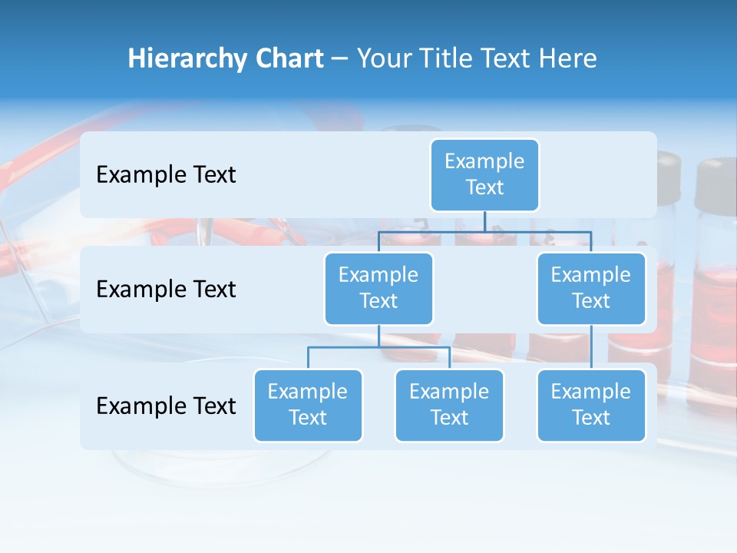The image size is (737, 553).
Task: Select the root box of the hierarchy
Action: click(484, 174)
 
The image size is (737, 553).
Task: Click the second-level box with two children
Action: click(378, 288)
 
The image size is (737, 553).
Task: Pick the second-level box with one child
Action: click(591, 288)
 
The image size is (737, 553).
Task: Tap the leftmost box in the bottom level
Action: click(308, 405)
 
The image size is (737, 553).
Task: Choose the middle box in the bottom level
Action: click(449, 405)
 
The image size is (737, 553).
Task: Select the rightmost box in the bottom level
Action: click(591, 405)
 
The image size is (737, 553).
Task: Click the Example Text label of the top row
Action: click(166, 175)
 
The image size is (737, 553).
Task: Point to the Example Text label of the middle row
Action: click(166, 290)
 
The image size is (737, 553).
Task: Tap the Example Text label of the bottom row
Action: click(166, 406)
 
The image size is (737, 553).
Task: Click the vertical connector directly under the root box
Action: click(484, 221)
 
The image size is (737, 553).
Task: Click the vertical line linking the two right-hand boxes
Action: click(591, 347)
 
